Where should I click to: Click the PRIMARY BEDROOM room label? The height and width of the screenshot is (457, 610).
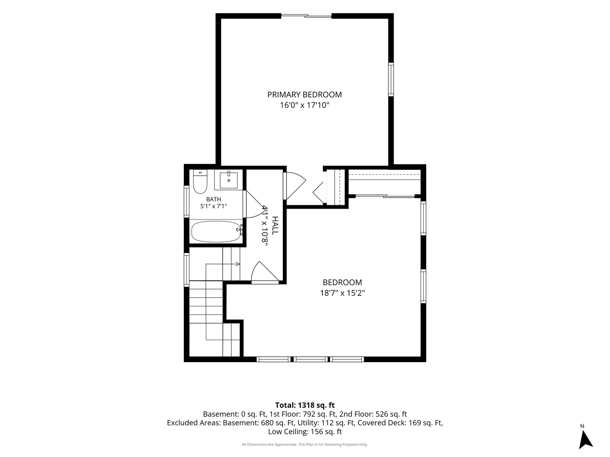304,95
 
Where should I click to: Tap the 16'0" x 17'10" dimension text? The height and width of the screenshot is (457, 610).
304,105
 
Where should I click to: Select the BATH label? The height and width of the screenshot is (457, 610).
213,199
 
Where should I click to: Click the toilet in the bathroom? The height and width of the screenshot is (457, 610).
200,182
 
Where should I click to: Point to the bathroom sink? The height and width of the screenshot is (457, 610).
229,180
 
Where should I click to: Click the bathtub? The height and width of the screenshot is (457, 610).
216,231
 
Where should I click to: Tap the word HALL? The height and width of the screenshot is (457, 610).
274,226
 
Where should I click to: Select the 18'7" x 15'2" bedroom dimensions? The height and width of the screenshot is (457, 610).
342,293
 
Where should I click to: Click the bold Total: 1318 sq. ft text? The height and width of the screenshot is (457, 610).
305,405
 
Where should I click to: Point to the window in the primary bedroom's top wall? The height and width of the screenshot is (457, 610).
307,16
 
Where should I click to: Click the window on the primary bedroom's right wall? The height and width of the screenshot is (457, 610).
391,80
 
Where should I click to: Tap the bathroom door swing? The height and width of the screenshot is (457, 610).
254,204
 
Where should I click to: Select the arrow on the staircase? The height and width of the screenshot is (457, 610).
222,264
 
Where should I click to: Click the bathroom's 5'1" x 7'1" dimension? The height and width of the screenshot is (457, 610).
213,206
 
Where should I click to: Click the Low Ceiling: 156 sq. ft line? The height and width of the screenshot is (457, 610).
305,432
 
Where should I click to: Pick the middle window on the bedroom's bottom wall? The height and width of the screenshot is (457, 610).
311,359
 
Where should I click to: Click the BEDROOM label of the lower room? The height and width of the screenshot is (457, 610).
342,283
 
